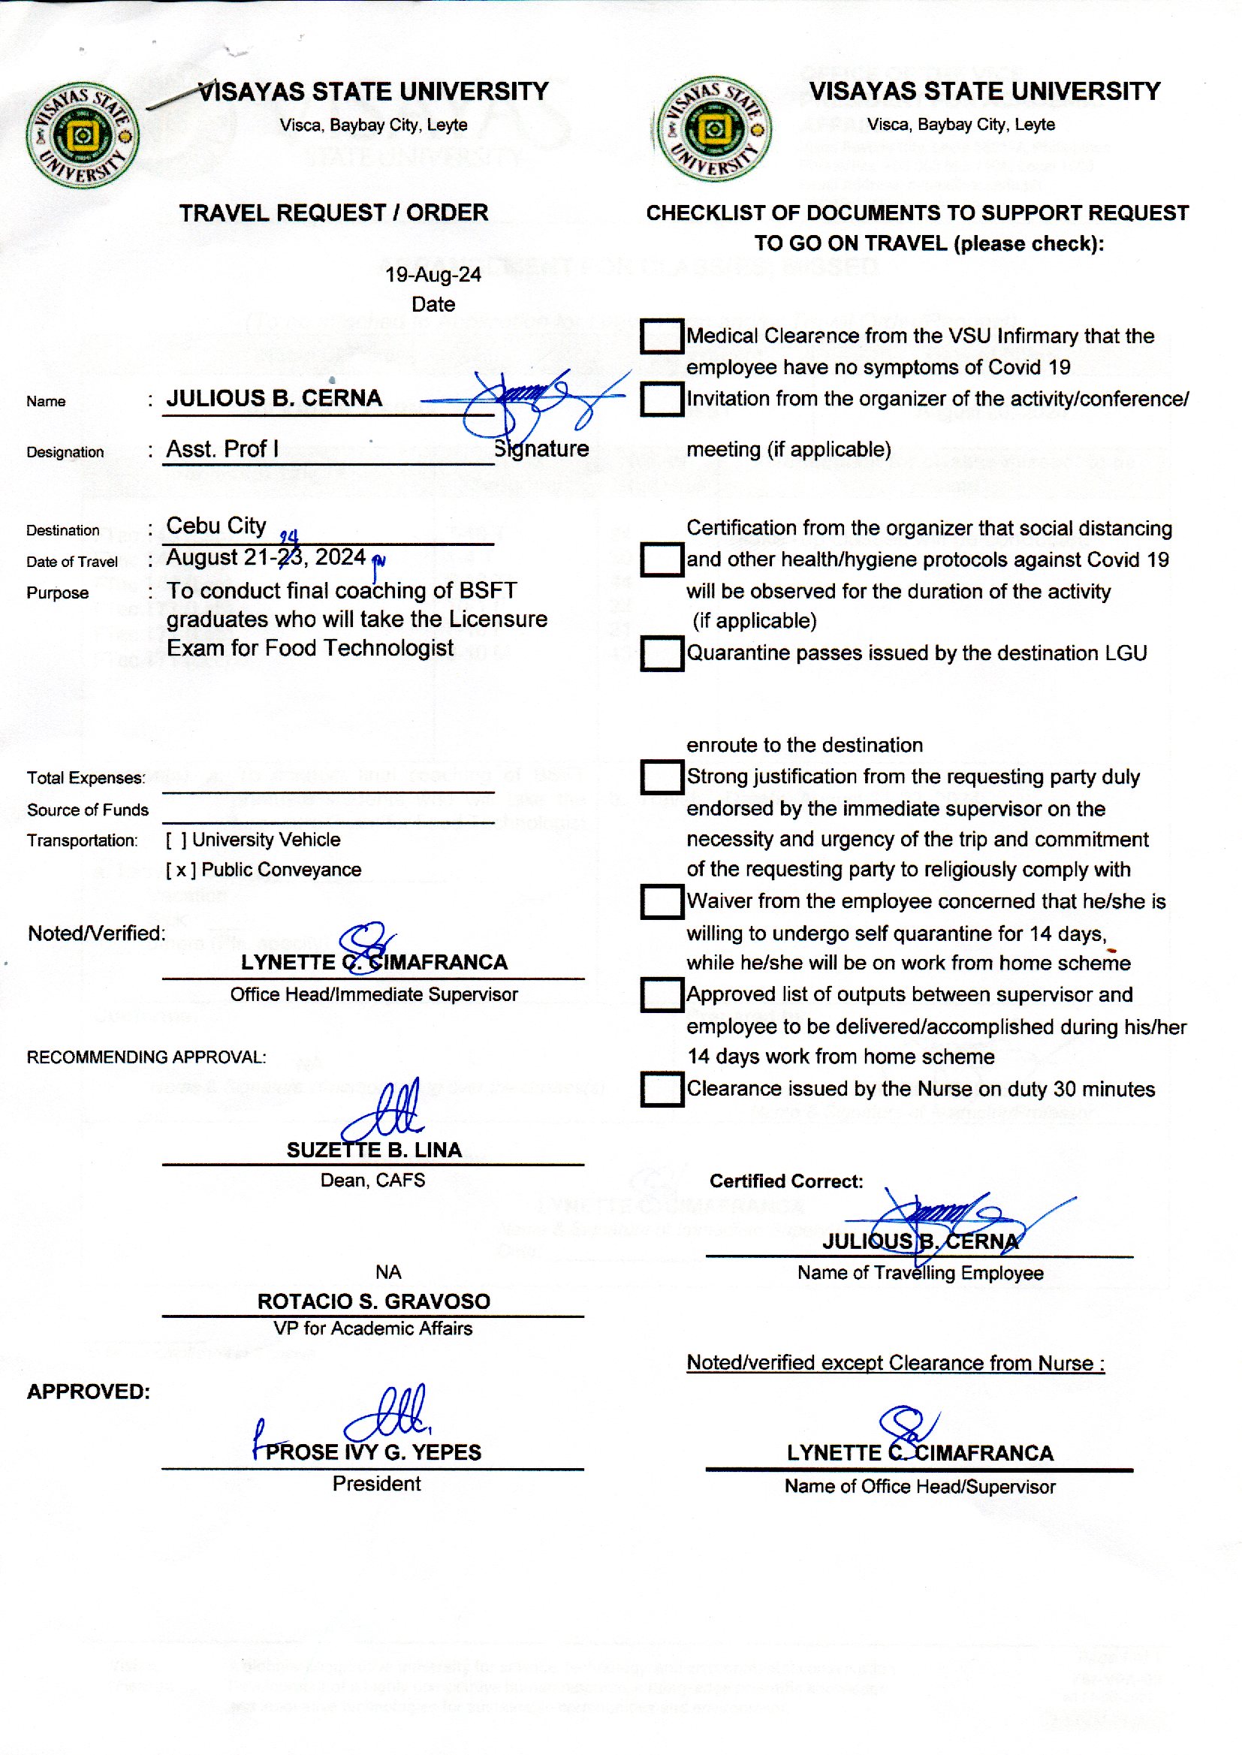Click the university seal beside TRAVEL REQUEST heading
click(82, 135)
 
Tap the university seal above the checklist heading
click(713, 128)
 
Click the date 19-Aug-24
click(433, 275)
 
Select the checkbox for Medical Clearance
click(662, 336)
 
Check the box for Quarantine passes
click(662, 653)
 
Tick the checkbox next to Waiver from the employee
click(662, 902)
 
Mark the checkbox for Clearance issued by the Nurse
click(662, 1089)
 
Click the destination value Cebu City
click(216, 526)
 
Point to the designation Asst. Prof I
click(222, 449)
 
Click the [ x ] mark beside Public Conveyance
click(180, 870)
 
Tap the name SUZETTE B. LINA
click(374, 1150)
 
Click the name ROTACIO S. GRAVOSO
click(373, 1301)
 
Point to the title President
click(376, 1485)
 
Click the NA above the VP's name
click(387, 1271)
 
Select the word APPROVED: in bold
click(89, 1392)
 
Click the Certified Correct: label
click(786, 1181)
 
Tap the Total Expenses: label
click(86, 779)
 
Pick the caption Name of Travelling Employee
click(920, 1273)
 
